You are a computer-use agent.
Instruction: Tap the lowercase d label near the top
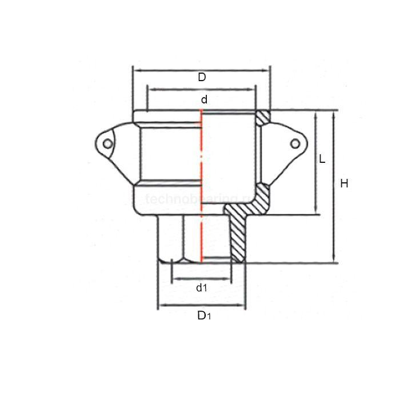(x=204, y=99)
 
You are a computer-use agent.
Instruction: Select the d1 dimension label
(x=202, y=288)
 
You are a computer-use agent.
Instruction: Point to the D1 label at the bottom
(x=203, y=315)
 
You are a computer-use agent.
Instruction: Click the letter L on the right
(x=322, y=159)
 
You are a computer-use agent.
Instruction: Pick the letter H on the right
(x=344, y=183)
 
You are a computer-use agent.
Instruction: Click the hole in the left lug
(x=107, y=144)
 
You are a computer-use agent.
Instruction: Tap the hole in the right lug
(x=294, y=143)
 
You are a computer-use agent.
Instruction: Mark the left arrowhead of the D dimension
(x=136, y=70)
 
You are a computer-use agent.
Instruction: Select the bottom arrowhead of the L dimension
(x=315, y=211)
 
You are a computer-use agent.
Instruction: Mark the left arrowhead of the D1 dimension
(x=161, y=305)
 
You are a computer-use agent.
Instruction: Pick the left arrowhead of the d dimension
(x=151, y=89)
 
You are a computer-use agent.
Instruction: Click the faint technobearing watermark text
(x=189, y=199)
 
